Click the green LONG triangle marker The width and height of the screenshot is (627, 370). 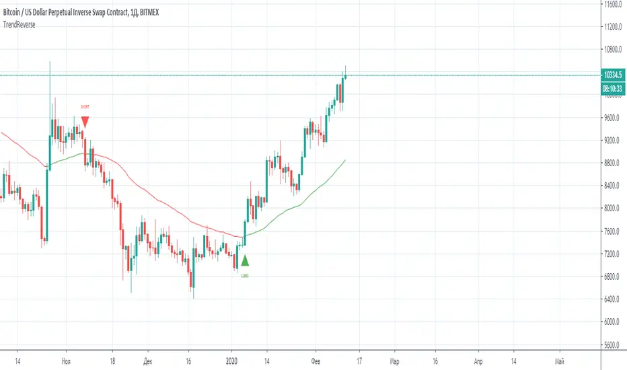245,261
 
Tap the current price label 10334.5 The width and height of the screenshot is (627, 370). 612,75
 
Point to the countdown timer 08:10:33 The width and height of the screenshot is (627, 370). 612,88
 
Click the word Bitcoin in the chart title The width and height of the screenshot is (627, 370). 15,12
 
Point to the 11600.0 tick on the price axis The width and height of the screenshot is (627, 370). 612,4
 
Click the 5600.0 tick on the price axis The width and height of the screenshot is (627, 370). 612,344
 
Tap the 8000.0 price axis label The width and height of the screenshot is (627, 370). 612,209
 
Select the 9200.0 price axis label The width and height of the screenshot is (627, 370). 612,141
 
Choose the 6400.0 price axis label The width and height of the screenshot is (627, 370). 612,299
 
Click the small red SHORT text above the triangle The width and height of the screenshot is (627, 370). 85,107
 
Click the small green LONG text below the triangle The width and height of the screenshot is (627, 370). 245,276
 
